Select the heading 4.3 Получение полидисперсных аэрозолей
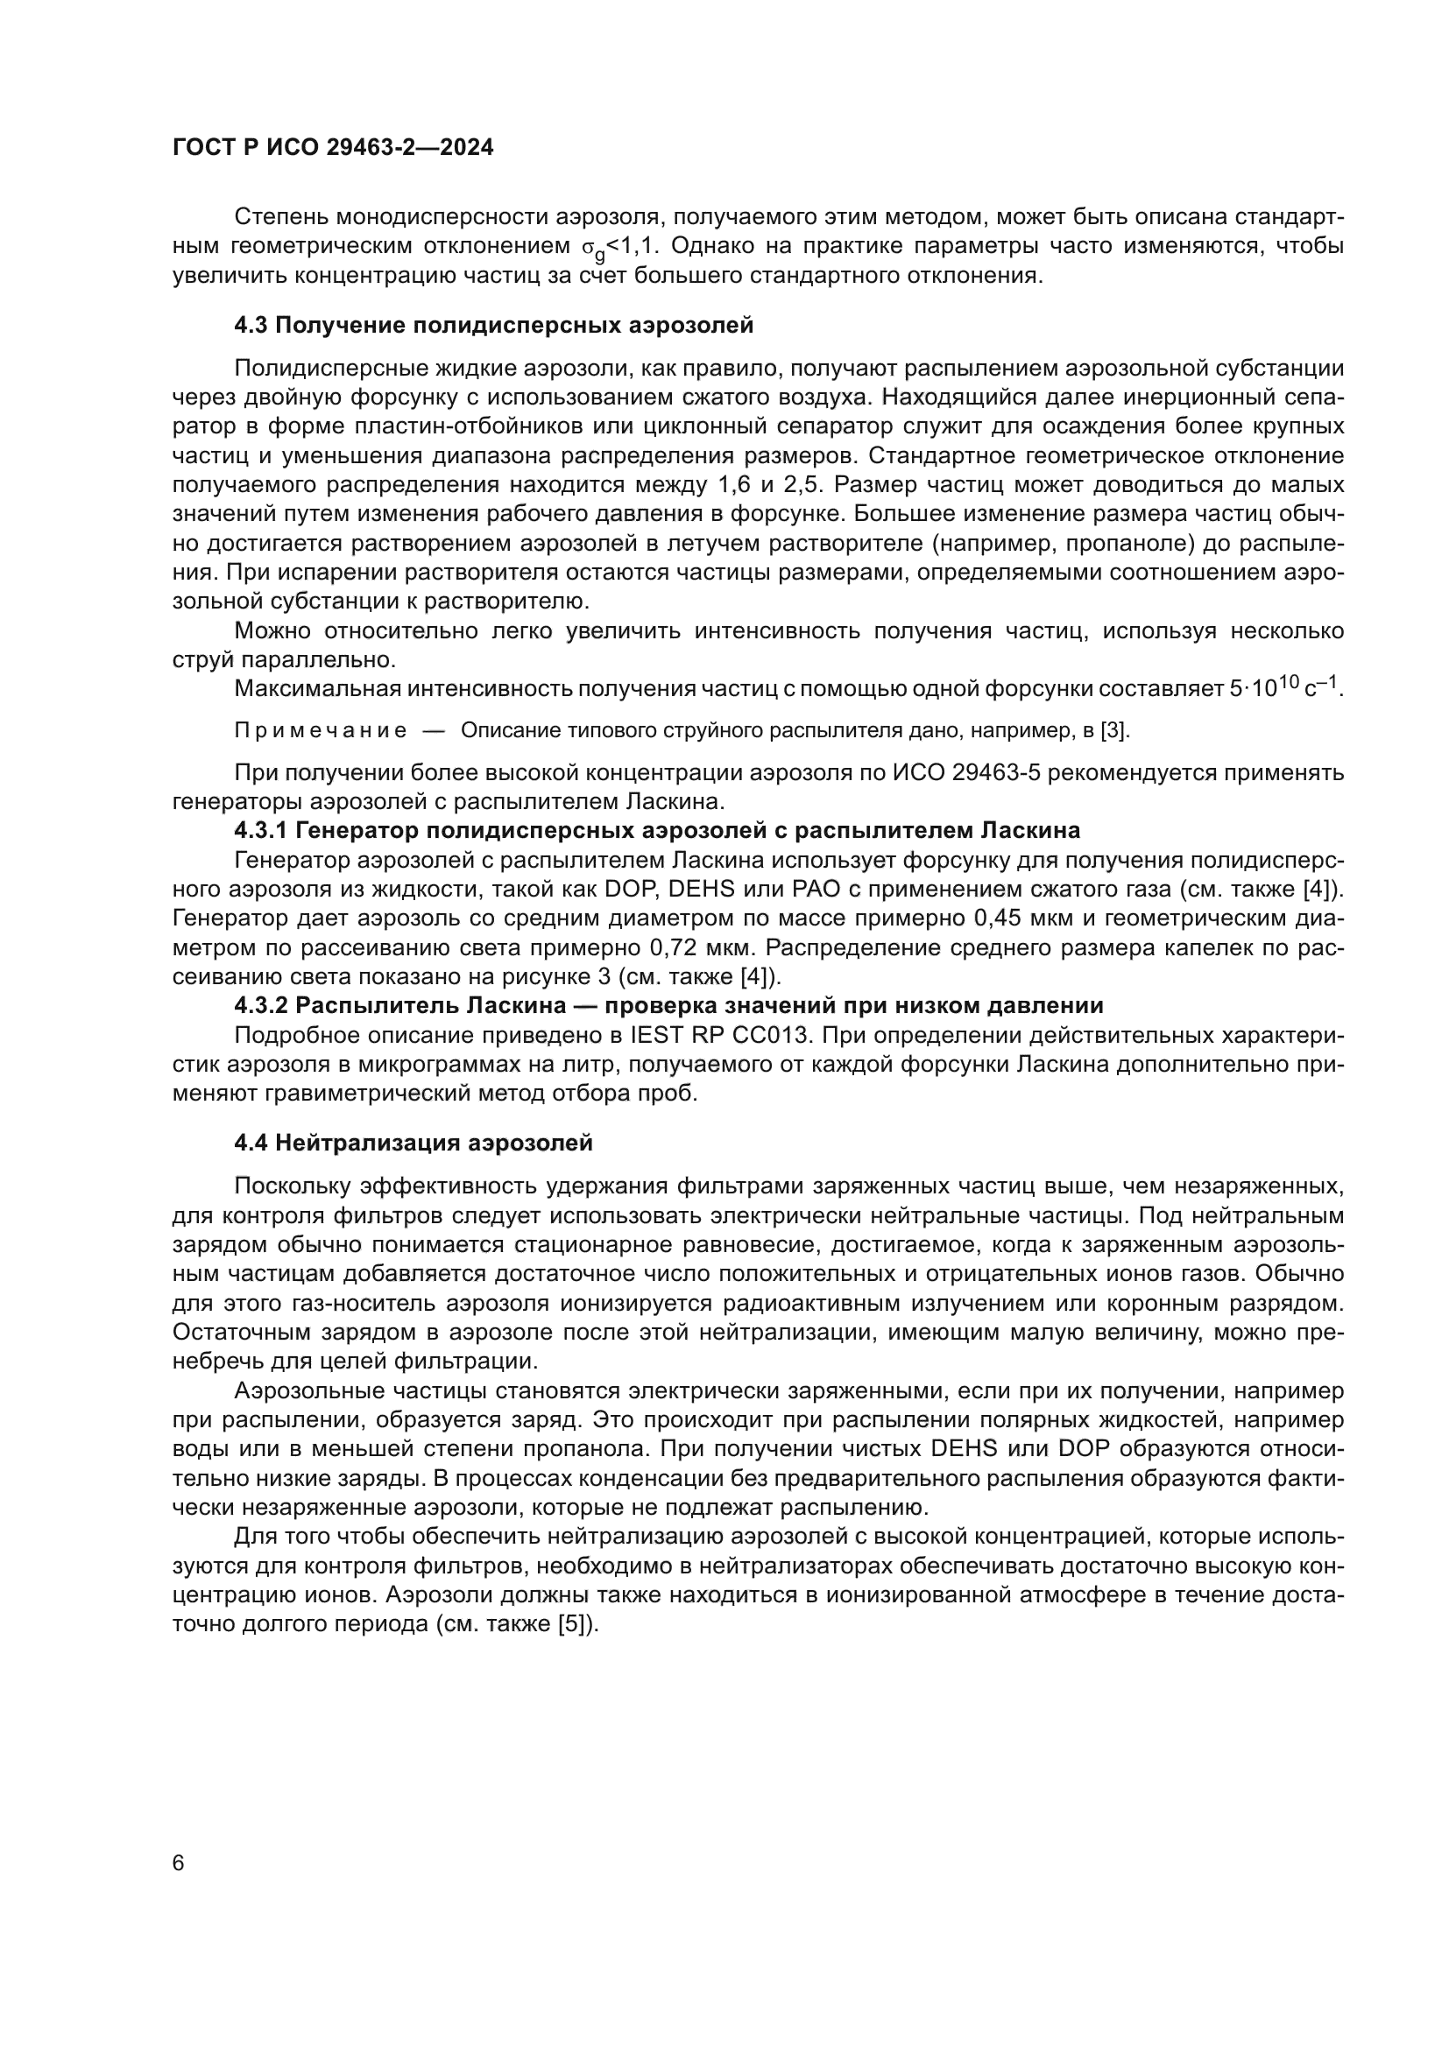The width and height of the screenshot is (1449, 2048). click(493, 326)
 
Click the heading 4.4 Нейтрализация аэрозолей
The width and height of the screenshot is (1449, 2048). click(413, 1143)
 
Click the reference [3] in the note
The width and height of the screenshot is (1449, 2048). click(1114, 731)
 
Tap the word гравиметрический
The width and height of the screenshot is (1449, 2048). click(352, 1093)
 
